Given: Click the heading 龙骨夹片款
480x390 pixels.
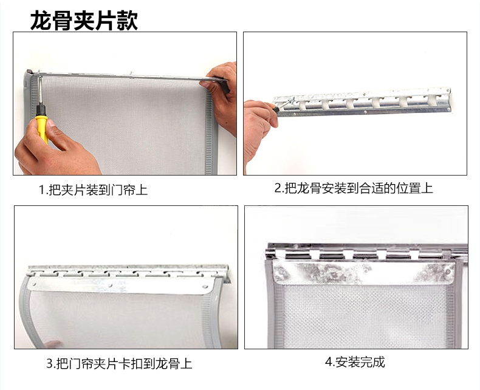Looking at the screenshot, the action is click(84, 20).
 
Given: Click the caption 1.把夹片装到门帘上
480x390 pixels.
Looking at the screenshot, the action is click(93, 190).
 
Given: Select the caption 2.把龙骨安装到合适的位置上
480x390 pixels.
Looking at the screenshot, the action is click(354, 188).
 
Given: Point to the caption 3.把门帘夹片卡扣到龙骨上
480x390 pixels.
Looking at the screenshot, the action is click(119, 364).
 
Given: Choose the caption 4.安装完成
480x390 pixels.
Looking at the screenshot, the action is click(355, 362).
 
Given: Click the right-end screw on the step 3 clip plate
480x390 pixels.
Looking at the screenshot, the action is click(204, 287).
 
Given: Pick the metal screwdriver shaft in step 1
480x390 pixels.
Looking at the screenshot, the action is click(39, 91).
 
